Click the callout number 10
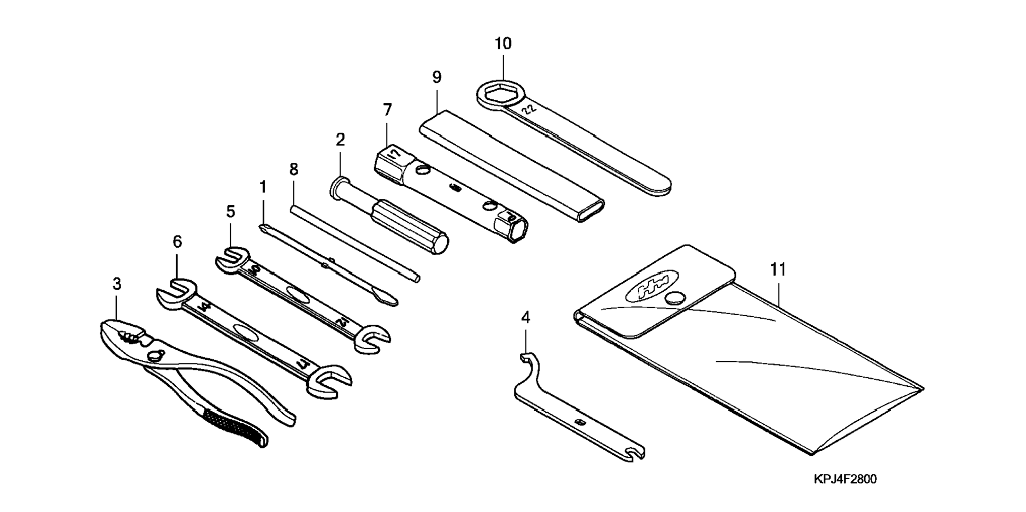coord(503,44)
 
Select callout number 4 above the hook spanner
coord(525,317)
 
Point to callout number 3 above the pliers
coord(117,284)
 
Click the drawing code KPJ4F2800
coord(845,479)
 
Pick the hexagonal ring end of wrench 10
coord(493,94)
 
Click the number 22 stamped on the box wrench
coord(529,109)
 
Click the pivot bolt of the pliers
coord(155,355)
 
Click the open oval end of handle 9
coord(590,211)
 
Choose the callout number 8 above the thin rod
coord(293,169)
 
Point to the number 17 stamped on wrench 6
coord(302,364)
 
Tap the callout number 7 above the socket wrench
coord(387,110)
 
